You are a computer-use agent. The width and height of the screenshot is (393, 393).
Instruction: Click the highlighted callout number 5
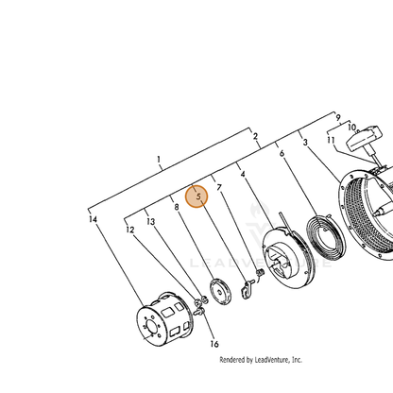point(198,196)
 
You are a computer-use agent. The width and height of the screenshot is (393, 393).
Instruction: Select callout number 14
point(93,219)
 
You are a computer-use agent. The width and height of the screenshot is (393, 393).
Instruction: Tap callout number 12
point(130,230)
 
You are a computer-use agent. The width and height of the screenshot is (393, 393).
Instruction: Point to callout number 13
point(151,222)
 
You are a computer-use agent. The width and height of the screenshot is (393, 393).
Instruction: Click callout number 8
point(177,207)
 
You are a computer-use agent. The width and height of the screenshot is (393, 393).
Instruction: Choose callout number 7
point(219,187)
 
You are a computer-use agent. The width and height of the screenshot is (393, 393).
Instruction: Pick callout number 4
point(243,174)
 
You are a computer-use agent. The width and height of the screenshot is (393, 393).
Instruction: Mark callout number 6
point(282,153)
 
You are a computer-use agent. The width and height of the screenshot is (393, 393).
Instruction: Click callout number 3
point(305,143)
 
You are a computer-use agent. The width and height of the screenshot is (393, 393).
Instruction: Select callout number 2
point(255,136)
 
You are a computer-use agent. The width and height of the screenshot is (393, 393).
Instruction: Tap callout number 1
point(159,160)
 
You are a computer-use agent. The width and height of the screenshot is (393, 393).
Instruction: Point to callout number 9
point(338,118)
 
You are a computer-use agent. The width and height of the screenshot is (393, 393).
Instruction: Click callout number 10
point(352,128)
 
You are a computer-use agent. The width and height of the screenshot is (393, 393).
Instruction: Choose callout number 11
point(331,140)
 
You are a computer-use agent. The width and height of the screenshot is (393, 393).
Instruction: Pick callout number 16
point(214,344)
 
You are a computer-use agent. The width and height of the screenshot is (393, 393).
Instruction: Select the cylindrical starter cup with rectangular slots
point(164,318)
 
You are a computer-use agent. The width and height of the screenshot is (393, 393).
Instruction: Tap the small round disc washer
point(220,292)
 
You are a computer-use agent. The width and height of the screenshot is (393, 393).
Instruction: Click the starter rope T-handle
point(365,139)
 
